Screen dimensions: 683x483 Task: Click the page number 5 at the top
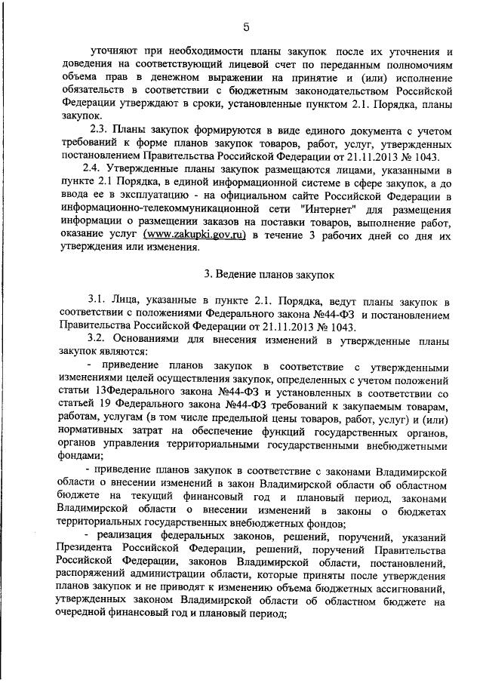coord(246,28)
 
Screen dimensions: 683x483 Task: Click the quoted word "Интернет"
coord(329,209)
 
